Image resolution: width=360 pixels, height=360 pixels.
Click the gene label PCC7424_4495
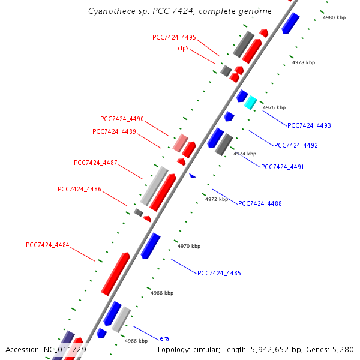pos(174,37)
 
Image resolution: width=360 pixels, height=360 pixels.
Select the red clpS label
pos(183,48)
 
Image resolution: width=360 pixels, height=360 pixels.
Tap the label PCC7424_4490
pos(122,119)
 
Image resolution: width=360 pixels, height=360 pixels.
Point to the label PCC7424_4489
pos(114,131)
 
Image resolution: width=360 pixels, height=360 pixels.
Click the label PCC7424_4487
pos(95,163)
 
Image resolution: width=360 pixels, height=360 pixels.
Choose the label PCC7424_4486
pos(79,189)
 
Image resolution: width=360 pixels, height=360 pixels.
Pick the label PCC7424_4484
pos(47,245)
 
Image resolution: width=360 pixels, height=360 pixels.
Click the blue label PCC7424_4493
pos(309,125)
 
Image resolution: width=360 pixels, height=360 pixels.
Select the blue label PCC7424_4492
pos(296,145)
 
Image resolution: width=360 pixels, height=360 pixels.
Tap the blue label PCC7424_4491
pos(283,166)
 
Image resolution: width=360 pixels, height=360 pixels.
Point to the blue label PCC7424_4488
pos(260,203)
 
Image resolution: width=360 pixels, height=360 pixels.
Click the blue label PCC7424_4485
pos(219,273)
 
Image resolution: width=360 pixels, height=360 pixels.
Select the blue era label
pos(164,338)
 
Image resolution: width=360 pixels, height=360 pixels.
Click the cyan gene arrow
pos(250,103)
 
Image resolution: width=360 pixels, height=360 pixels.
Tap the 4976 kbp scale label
pos(274,107)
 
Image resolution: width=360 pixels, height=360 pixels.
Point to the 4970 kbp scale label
pos(188,246)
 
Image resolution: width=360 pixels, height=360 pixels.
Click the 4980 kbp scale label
pos(334,17)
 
